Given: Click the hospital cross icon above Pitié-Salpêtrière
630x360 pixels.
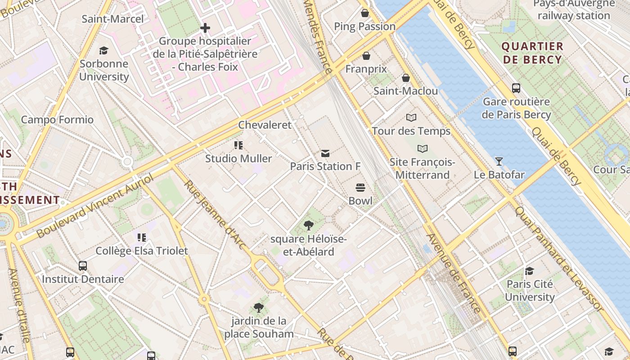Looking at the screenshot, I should click(x=205, y=28).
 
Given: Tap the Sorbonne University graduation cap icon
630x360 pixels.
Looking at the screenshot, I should click(x=104, y=50).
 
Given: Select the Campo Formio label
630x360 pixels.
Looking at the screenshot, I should click(x=57, y=120).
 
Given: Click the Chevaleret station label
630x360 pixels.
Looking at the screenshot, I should click(x=265, y=125).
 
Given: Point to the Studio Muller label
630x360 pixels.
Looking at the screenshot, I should click(x=238, y=158).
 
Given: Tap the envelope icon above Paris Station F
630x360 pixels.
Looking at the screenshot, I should click(x=325, y=153).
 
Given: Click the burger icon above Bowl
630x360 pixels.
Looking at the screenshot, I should click(x=360, y=187).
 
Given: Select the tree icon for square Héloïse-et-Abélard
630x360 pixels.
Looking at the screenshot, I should click(x=308, y=225).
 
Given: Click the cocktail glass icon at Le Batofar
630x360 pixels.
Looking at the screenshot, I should click(x=499, y=161).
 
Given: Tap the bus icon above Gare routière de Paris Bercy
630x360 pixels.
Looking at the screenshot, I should click(x=516, y=88).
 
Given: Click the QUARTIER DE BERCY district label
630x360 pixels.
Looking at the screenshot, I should click(x=532, y=53).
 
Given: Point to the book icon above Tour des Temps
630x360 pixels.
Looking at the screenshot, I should click(x=411, y=117).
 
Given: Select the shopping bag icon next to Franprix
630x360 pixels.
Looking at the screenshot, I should click(x=366, y=56).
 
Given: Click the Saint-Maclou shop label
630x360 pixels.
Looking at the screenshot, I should click(x=405, y=91).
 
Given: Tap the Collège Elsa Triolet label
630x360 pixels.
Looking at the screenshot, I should click(x=142, y=251).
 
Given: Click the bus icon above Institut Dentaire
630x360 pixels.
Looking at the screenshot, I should click(x=83, y=265).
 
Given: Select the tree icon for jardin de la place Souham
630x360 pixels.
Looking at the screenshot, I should click(x=259, y=308).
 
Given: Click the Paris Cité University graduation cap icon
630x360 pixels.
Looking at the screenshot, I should click(x=530, y=271).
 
